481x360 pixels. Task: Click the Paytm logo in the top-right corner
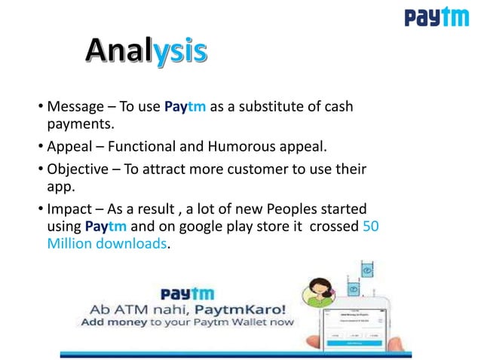(x=436, y=17)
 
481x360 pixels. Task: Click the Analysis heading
(x=146, y=51)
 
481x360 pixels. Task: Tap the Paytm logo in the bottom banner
(x=186, y=293)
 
